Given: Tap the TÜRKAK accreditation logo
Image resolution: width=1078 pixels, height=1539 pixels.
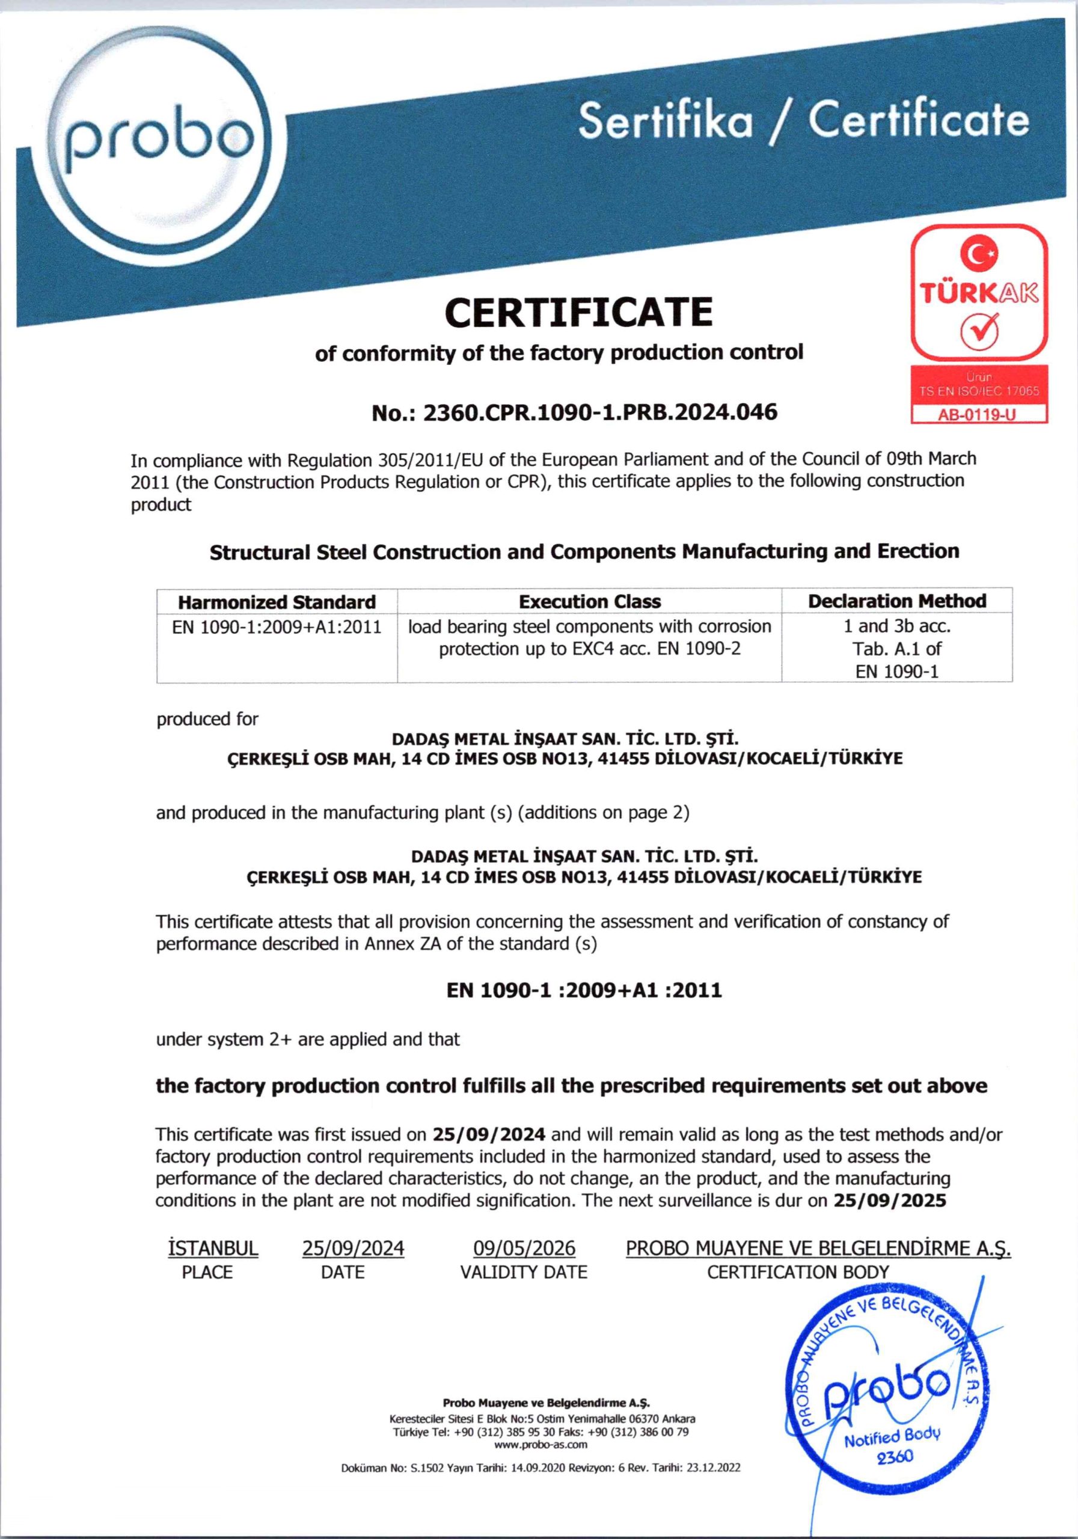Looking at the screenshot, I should [979, 293].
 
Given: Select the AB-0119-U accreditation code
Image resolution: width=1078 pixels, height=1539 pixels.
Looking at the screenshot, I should [978, 414].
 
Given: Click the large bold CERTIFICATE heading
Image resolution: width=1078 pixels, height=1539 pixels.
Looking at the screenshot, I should [578, 313].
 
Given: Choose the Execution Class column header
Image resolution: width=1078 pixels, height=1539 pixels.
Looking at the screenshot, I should [589, 601].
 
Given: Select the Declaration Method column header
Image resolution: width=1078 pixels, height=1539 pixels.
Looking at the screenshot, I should [896, 601].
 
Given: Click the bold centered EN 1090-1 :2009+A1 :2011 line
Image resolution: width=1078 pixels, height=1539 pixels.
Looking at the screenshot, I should [584, 990].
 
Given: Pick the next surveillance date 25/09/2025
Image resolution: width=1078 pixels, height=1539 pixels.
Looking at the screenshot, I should [890, 1200].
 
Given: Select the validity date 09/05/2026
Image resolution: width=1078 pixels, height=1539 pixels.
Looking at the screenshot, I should [524, 1248].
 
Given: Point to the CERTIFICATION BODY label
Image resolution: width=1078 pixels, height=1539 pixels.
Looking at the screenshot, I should [798, 1271].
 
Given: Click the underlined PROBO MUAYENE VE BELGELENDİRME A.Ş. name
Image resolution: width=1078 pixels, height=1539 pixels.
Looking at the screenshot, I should [818, 1248].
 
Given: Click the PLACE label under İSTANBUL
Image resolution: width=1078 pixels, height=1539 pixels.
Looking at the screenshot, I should [207, 1272].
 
